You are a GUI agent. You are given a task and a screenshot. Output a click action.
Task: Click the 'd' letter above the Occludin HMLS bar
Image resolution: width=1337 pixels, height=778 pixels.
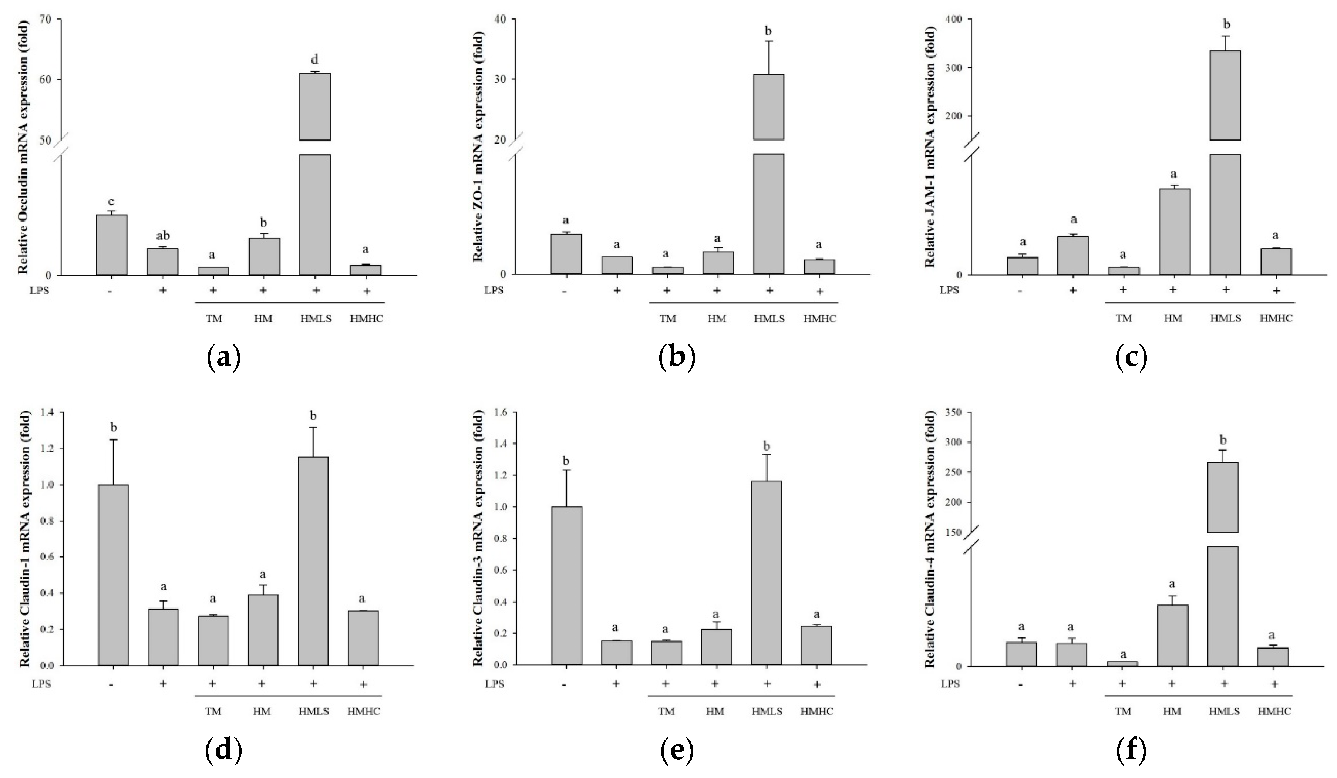pos(314,59)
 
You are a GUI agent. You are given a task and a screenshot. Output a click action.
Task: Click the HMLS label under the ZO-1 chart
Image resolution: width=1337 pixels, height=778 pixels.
pos(769,319)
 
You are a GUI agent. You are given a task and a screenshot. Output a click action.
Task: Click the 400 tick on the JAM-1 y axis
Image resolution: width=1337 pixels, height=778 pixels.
pos(952,19)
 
